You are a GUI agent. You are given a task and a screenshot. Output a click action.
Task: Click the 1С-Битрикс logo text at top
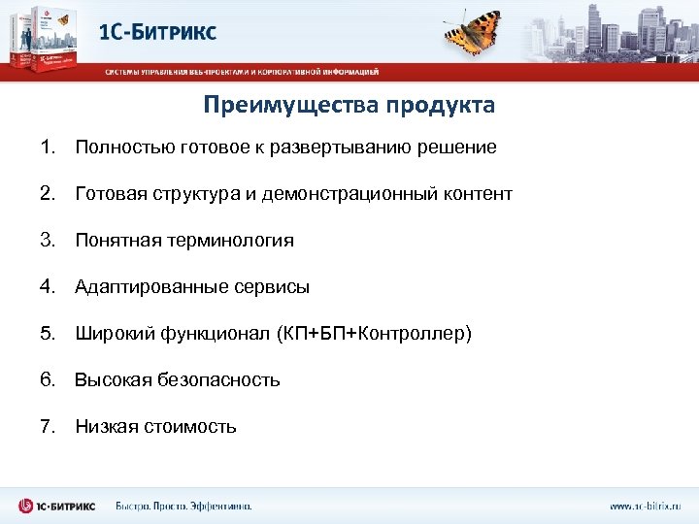(158, 31)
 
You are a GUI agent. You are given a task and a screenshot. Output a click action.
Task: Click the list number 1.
(47, 147)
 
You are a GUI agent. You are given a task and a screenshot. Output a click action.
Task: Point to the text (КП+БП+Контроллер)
(374, 334)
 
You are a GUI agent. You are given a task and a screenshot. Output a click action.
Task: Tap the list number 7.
(47, 427)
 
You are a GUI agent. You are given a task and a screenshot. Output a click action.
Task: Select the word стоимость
(191, 427)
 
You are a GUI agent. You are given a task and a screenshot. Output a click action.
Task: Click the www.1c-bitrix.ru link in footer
(645, 506)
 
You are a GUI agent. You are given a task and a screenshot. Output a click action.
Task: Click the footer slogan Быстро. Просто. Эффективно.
(183, 506)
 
